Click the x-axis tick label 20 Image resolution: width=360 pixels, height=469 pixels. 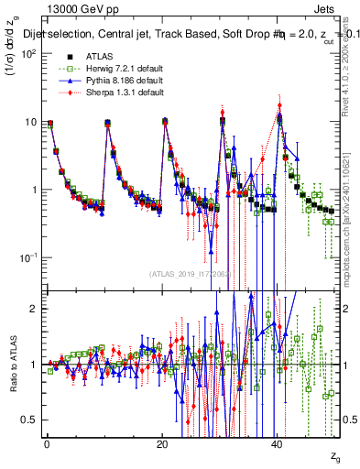pos(162,443)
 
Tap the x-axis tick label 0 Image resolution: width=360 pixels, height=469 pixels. pos(47,443)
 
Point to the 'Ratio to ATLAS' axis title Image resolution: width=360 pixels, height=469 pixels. pos(14,366)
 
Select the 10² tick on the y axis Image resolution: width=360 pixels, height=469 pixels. pos(29,53)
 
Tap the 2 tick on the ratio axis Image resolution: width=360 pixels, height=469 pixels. pos(35,309)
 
